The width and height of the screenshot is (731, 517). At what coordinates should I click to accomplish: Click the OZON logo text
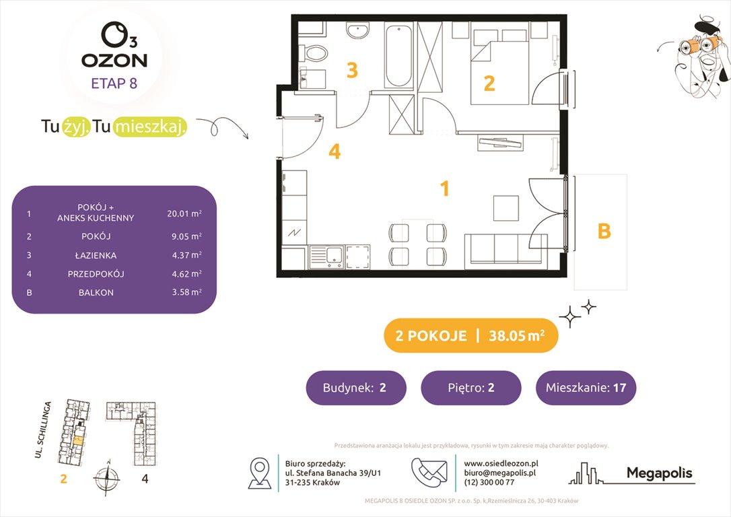click(x=114, y=60)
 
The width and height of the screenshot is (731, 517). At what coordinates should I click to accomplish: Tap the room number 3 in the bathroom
click(x=351, y=70)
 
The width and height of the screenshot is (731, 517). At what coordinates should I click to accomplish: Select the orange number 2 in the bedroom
click(x=489, y=83)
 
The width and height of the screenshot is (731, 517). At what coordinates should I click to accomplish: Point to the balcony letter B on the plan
click(x=604, y=231)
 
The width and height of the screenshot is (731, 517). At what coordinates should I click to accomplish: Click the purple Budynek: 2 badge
click(x=356, y=388)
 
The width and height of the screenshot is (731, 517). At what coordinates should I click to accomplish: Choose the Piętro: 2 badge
click(x=471, y=388)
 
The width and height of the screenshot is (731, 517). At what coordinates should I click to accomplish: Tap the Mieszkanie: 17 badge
click(x=586, y=388)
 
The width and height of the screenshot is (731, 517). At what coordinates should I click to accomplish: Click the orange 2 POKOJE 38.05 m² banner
click(x=471, y=336)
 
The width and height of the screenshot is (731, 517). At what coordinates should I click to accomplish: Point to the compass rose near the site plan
click(x=106, y=479)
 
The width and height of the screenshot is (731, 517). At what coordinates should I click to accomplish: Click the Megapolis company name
click(x=659, y=474)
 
